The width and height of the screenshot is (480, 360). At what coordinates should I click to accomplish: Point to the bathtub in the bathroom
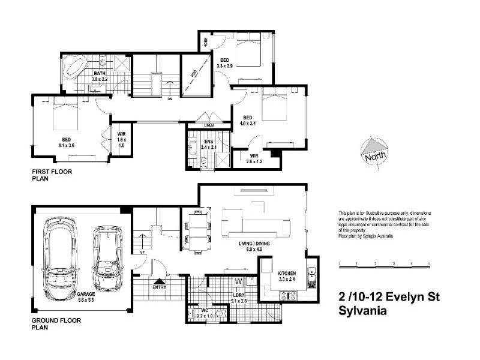coord(75,64)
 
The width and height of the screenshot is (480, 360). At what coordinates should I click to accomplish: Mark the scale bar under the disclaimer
coord(384,263)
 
